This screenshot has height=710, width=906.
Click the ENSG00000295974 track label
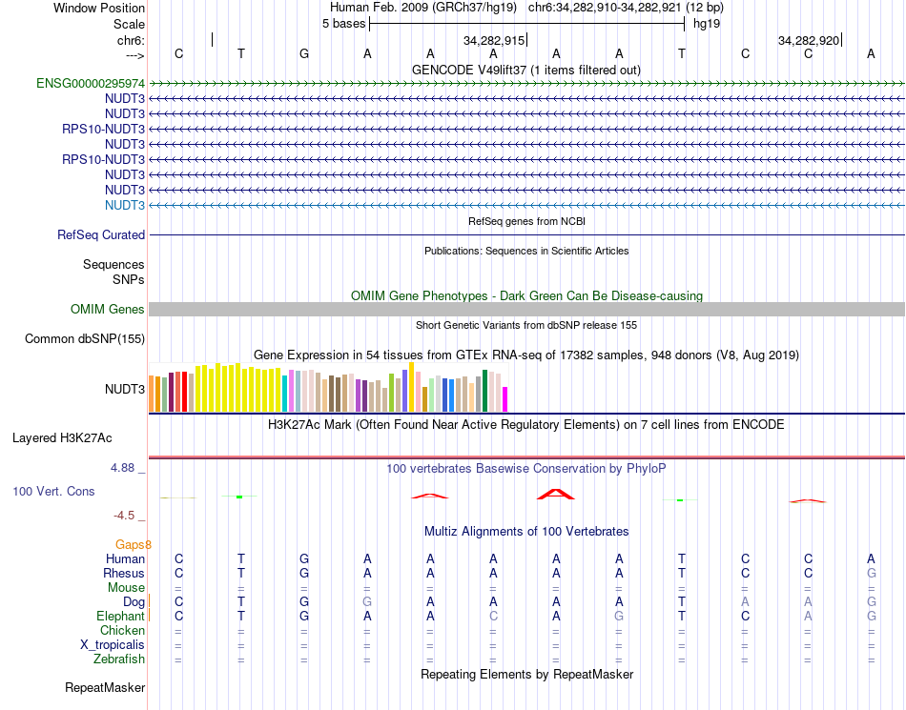91,83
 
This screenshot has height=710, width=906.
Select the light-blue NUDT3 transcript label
125,205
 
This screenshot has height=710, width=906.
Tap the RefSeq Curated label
101,234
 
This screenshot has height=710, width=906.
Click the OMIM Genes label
108,309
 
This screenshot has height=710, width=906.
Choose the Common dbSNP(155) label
85,338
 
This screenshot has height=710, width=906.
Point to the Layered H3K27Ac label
62,438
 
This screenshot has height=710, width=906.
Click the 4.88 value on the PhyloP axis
124,468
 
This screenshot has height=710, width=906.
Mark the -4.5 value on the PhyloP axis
125,516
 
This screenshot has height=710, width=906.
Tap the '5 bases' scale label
343,24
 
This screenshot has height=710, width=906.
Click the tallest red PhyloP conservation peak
556,493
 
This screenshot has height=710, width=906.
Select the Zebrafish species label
119,659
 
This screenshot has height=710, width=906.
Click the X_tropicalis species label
113,644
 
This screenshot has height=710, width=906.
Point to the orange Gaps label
134,544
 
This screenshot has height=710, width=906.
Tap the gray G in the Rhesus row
871,573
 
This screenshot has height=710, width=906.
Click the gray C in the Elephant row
493,616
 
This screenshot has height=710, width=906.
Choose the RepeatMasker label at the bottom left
105,687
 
